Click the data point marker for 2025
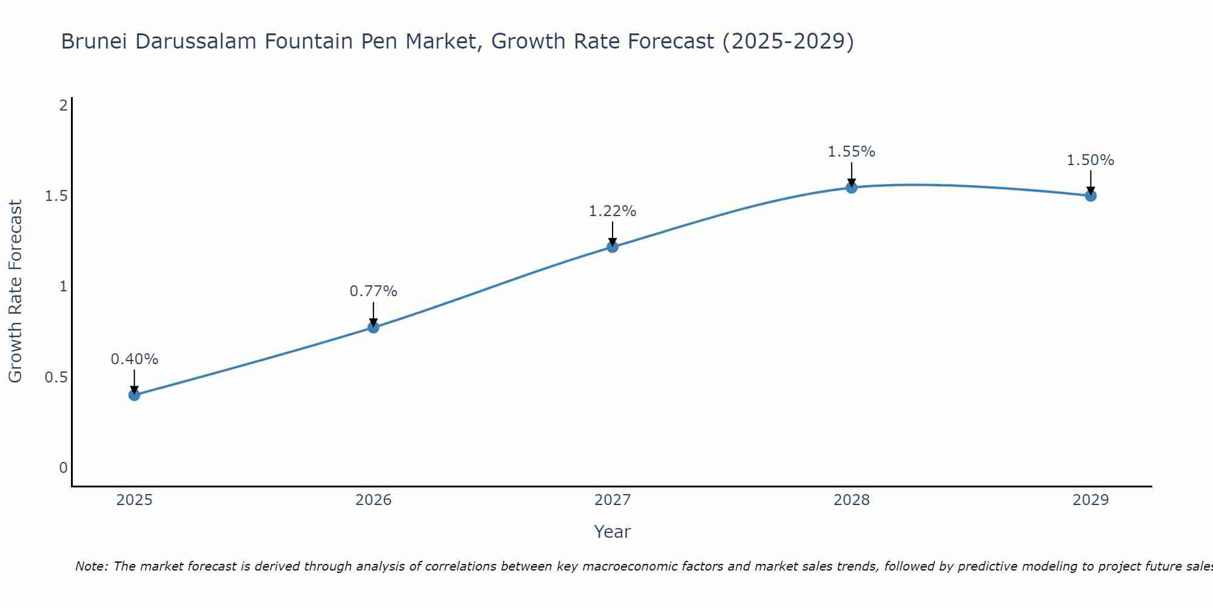[x=135, y=395]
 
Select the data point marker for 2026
[x=374, y=328]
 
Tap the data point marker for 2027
[x=613, y=246]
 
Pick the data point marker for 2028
[x=852, y=188]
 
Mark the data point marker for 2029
[x=1090, y=195]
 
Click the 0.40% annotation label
[x=135, y=359]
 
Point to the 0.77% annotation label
[x=374, y=291]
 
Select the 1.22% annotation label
[x=613, y=211]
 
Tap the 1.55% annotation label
[x=852, y=152]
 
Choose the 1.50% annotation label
[x=1090, y=160]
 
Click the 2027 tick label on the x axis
[x=613, y=500]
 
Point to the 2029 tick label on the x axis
[x=1090, y=500]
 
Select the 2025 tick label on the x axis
[x=135, y=500]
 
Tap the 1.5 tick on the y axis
[x=56, y=196]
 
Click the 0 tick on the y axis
[x=63, y=468]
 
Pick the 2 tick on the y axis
[x=63, y=106]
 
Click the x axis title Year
[x=613, y=532]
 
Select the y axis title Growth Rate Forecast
[x=16, y=291]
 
